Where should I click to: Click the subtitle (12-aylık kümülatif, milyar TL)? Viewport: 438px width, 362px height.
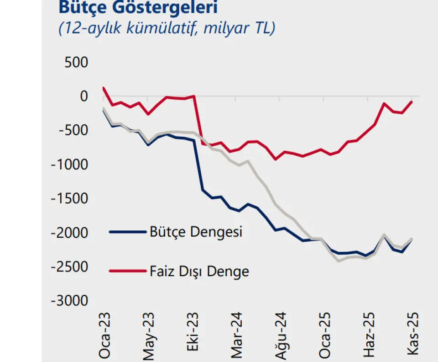pyautogui.click(x=167, y=28)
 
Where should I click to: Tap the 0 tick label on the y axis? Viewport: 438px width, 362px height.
pyautogui.click(x=83, y=96)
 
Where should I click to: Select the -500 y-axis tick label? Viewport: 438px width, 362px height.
pyautogui.click(x=73, y=131)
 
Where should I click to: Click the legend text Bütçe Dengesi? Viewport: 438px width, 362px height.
pyautogui.click(x=196, y=232)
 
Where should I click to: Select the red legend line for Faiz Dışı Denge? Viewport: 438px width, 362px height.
pyautogui.click(x=127, y=271)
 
